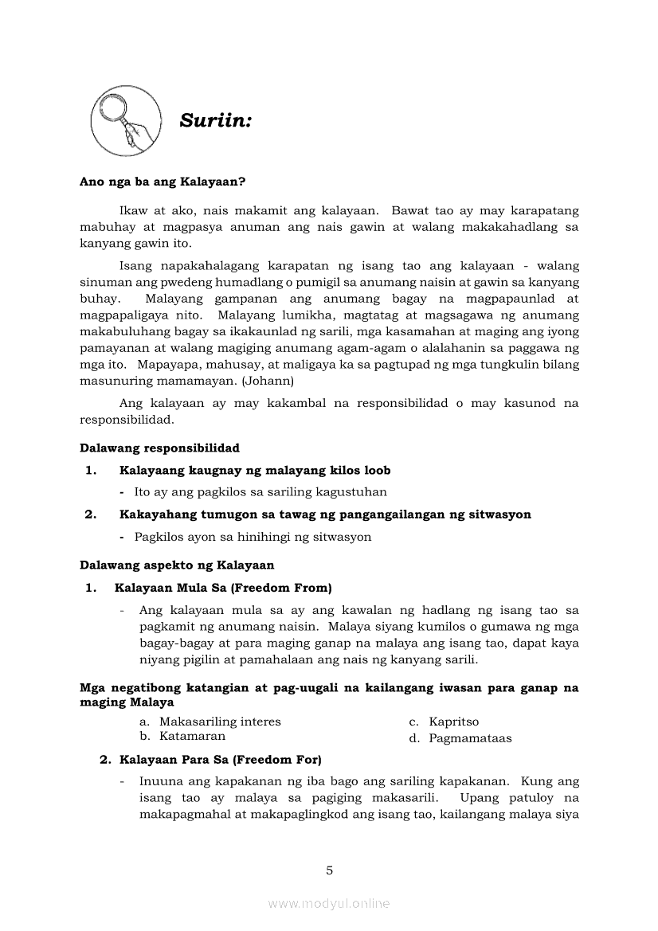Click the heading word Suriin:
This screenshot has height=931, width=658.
[216, 121]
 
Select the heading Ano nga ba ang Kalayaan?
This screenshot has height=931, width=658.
[163, 182]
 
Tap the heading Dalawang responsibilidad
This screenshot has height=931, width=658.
[159, 448]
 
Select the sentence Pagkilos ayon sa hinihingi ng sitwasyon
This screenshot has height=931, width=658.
[253, 537]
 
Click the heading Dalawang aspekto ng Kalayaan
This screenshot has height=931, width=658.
[177, 565]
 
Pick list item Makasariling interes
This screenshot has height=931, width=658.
[220, 722]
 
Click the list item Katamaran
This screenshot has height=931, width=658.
[192, 737]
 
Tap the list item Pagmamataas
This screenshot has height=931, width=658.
[470, 738]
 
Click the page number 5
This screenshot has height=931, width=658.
[329, 870]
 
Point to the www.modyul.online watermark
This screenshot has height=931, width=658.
[329, 903]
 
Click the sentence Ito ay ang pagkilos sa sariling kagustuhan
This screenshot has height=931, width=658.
[260, 492]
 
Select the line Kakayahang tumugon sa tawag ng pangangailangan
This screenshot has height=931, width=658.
[325, 514]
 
